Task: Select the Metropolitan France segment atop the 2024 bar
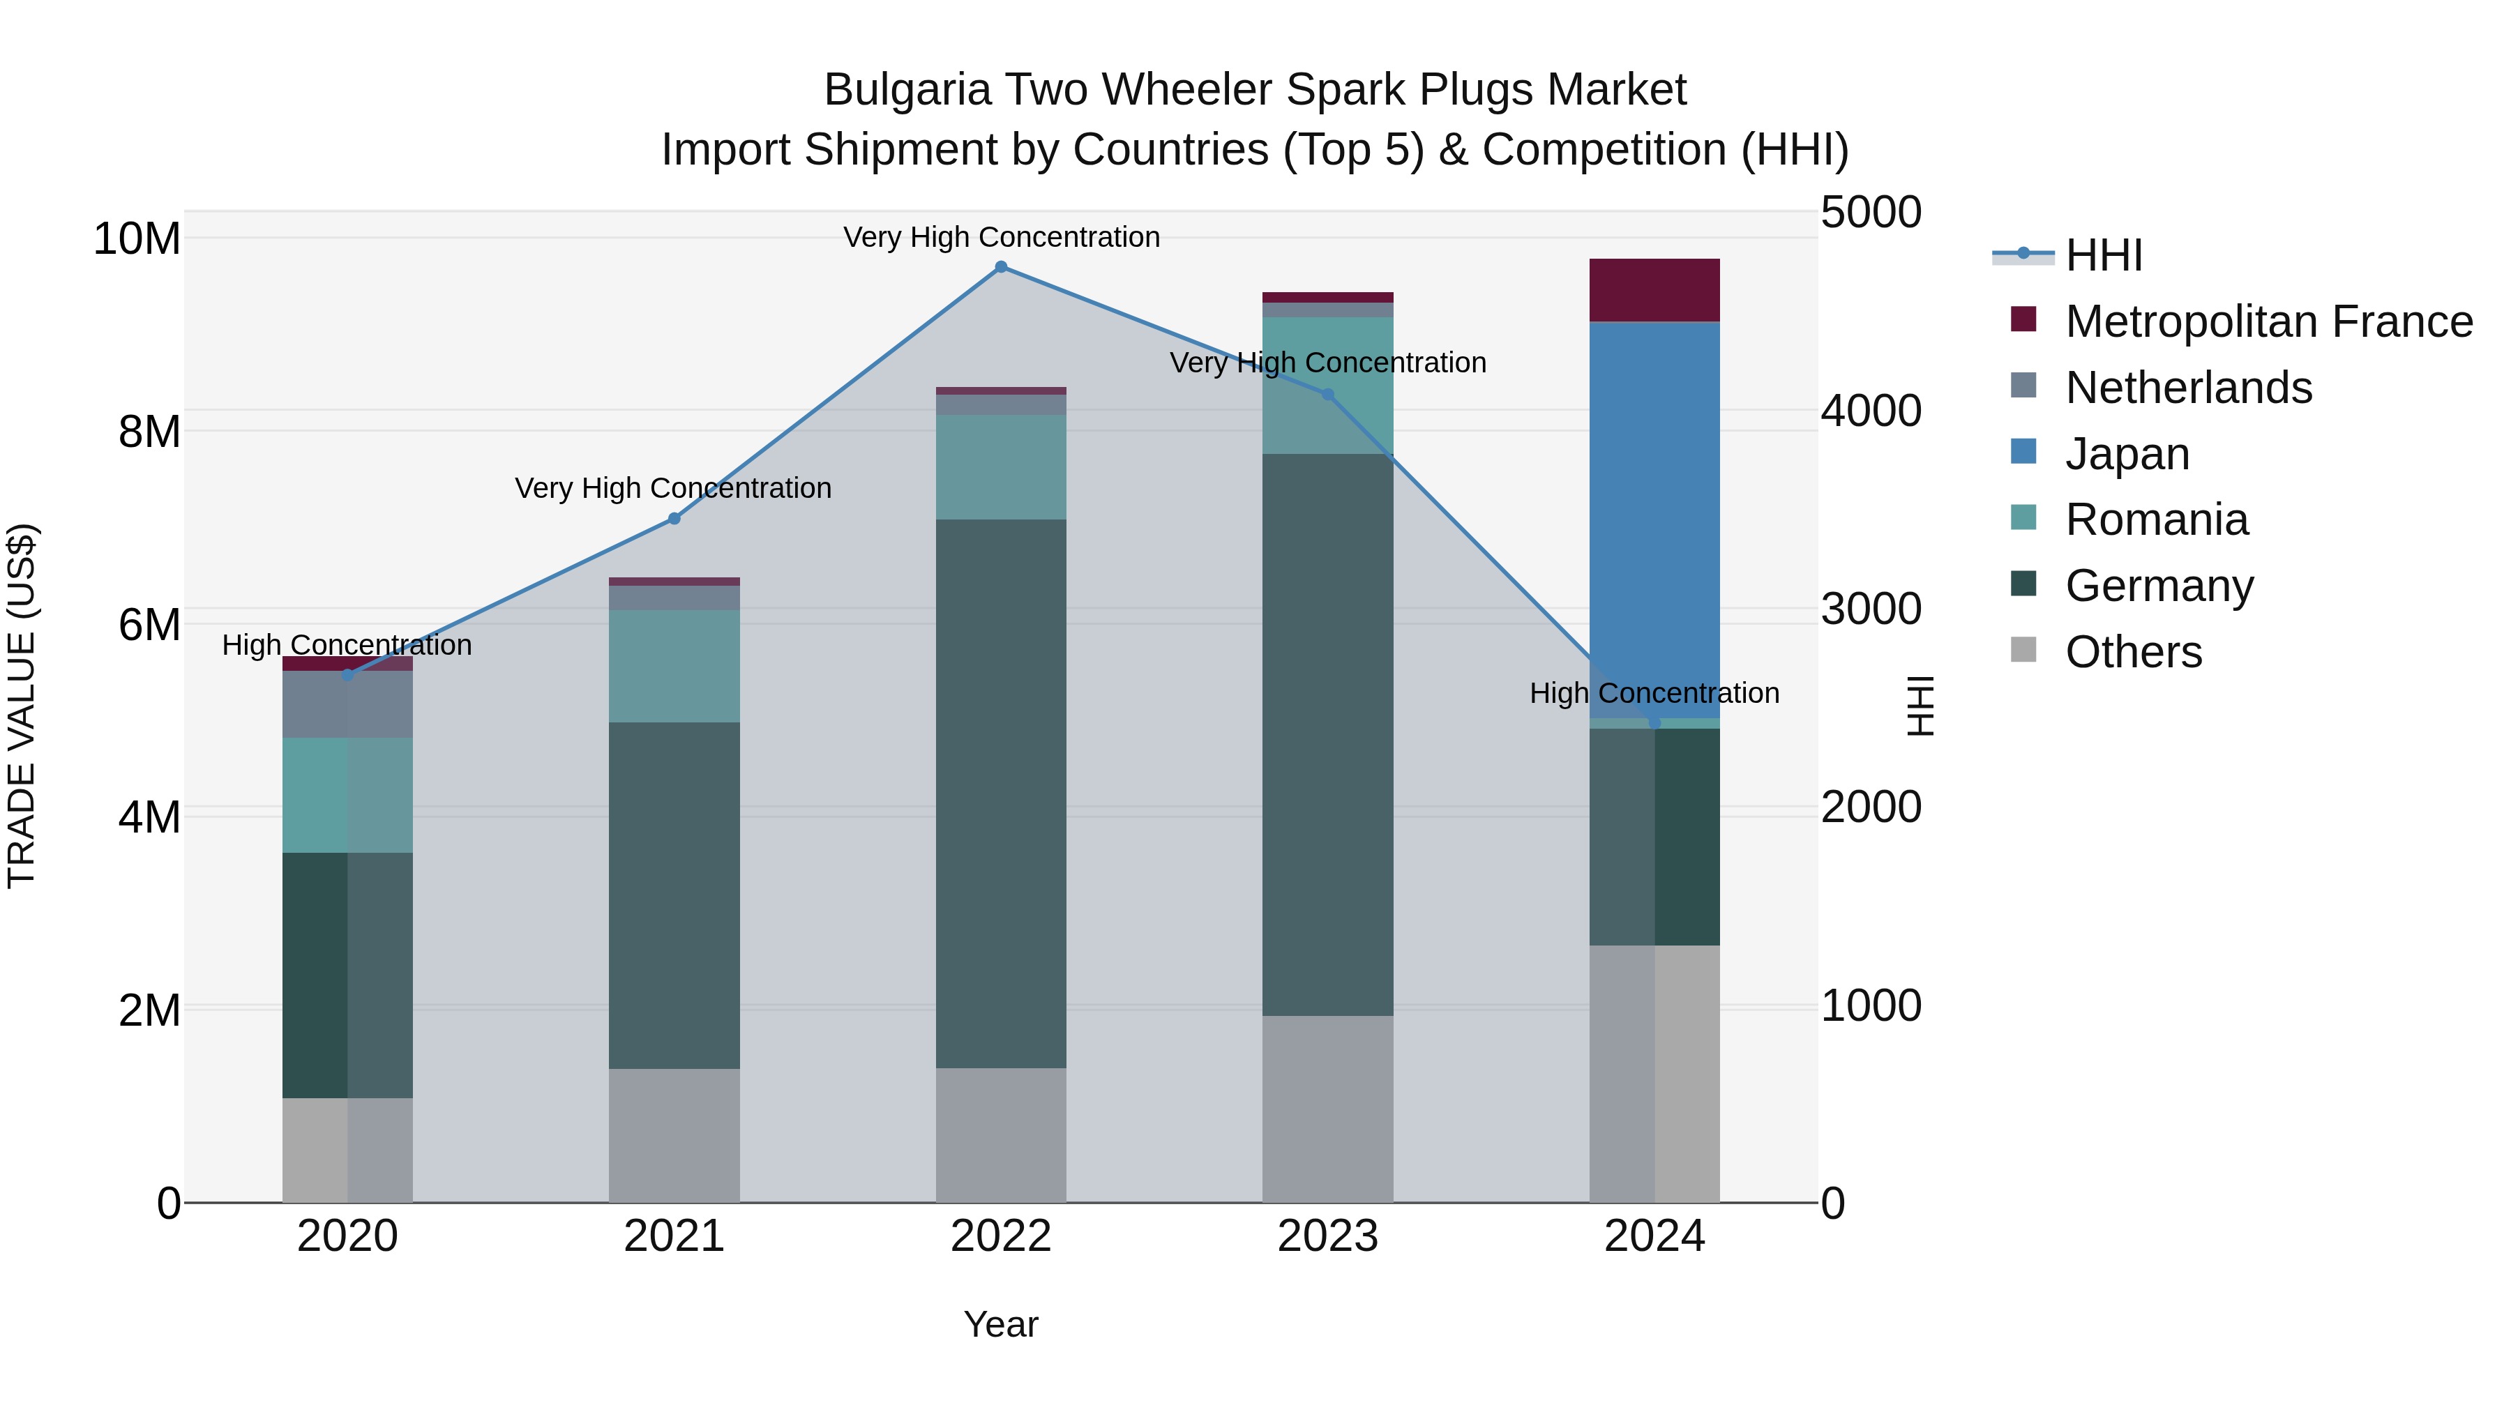[1654, 289]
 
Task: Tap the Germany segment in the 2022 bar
[1001, 794]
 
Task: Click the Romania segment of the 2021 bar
[674, 666]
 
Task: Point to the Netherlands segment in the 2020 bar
[347, 704]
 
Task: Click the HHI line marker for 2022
[1001, 266]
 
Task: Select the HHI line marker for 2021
[674, 518]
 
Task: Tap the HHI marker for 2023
[1327, 395]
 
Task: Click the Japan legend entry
[2127, 454]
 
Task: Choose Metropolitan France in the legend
[2268, 321]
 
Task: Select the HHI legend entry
[2104, 255]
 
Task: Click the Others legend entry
[2133, 652]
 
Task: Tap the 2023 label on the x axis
[1327, 1236]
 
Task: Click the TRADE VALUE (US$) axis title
[22, 706]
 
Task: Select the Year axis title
[1001, 1324]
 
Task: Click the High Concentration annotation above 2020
[347, 645]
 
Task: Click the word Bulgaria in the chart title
[907, 90]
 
